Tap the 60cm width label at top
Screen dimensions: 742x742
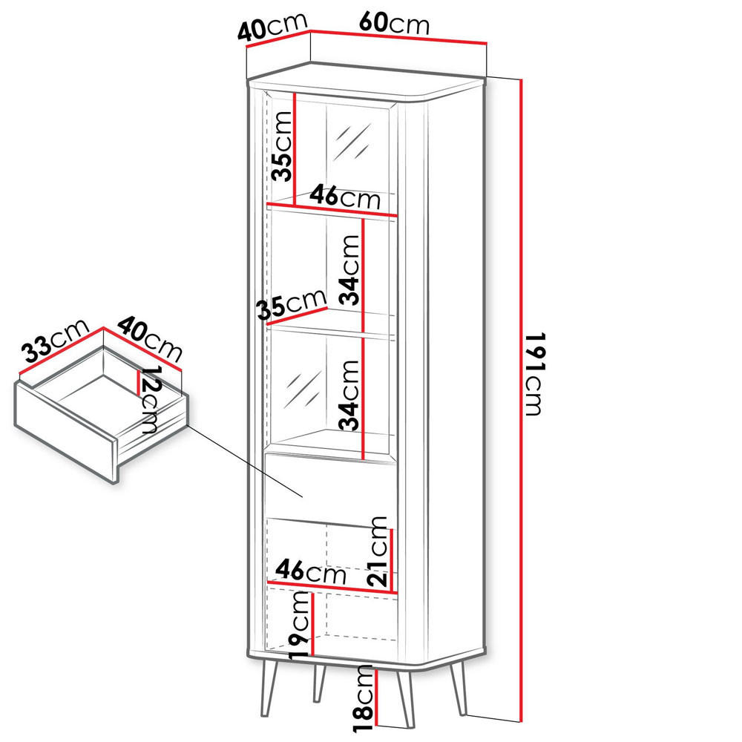393,24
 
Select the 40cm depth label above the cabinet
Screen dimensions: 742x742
272,27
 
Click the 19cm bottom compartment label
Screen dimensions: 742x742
299,623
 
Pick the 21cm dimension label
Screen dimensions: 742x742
379,552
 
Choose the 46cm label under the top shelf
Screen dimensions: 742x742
344,198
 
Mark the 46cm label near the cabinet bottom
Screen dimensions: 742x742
309,572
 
